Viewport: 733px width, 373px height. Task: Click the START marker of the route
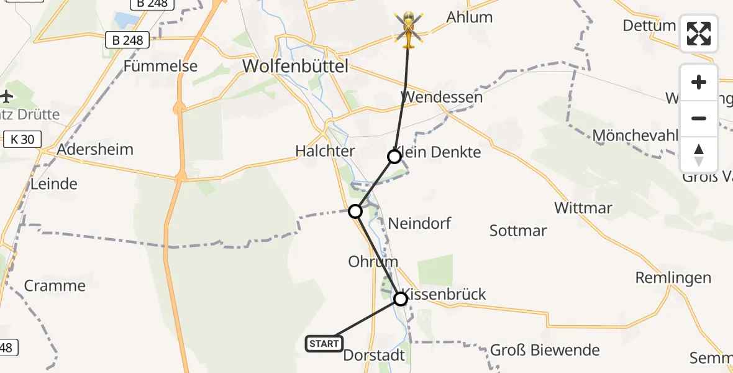pyautogui.click(x=324, y=343)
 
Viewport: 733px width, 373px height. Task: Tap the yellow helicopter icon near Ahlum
pyautogui.click(x=408, y=28)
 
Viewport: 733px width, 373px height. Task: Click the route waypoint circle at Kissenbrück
pyautogui.click(x=401, y=299)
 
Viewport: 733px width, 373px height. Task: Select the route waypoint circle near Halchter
pyautogui.click(x=355, y=211)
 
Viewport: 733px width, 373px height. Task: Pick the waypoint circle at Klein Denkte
pyautogui.click(x=394, y=156)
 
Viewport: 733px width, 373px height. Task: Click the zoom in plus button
pyautogui.click(x=699, y=82)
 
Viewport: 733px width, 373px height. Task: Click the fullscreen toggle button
pyautogui.click(x=699, y=34)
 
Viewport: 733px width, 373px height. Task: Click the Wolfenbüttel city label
pyautogui.click(x=295, y=66)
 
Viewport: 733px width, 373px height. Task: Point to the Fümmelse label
pyautogui.click(x=160, y=66)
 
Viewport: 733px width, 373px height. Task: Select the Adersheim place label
pyautogui.click(x=95, y=150)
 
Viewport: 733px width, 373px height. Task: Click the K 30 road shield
pyautogui.click(x=23, y=140)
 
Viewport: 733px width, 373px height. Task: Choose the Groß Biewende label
pyautogui.click(x=545, y=350)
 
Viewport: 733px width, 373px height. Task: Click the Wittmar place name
pyautogui.click(x=583, y=208)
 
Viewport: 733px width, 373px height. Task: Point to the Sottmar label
pyautogui.click(x=518, y=231)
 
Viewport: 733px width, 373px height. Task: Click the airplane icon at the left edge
pyautogui.click(x=6, y=96)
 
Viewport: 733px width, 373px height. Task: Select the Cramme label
pyautogui.click(x=55, y=286)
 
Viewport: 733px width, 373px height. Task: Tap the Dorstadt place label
pyautogui.click(x=374, y=356)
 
